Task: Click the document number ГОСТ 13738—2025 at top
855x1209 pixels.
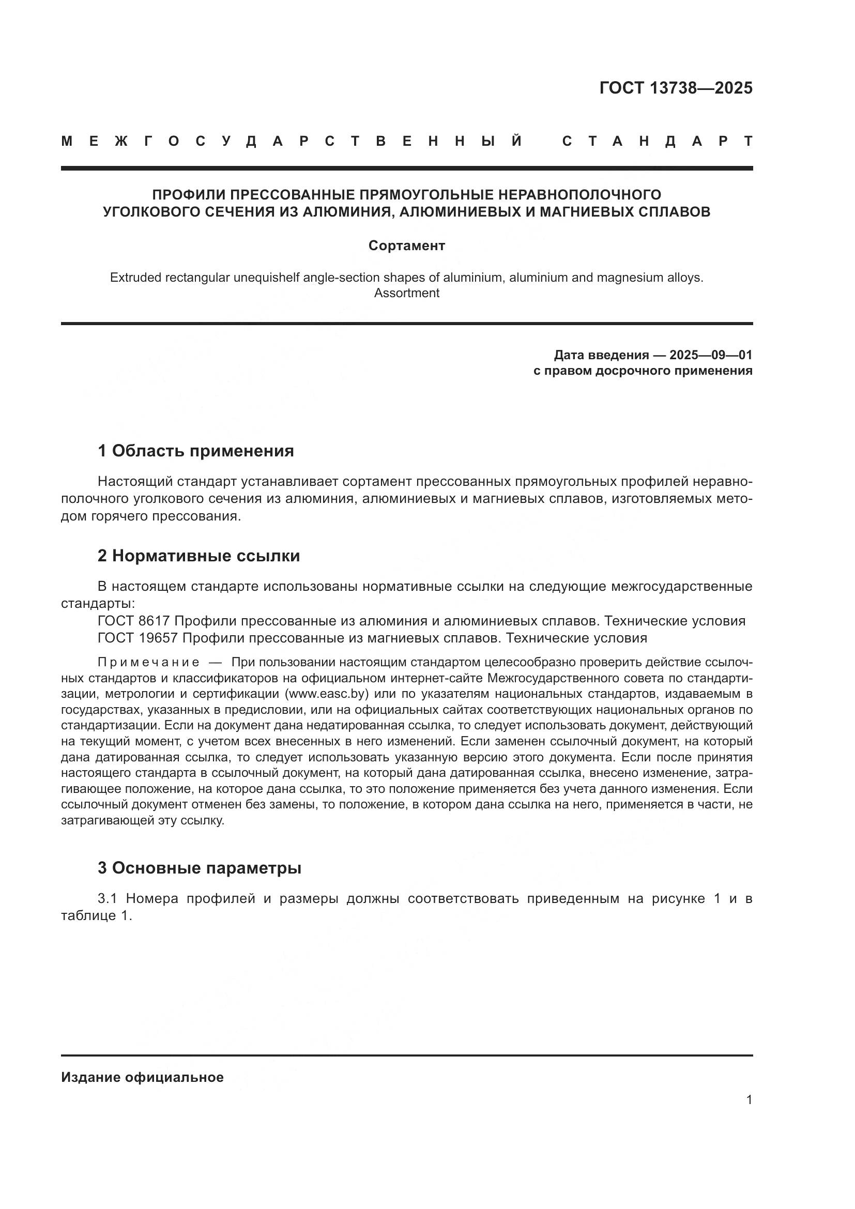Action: (676, 87)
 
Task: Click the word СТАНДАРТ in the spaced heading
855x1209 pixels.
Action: (657, 141)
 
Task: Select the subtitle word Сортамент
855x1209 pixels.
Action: (406, 246)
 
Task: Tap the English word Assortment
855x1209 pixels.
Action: (406, 293)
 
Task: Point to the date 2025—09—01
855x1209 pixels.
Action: (711, 355)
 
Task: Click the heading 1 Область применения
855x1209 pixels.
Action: (195, 451)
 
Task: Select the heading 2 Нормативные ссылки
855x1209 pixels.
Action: (199, 556)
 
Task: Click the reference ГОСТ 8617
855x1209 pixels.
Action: (133, 621)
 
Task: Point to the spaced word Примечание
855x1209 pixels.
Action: (148, 662)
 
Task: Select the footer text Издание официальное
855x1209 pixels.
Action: (142, 1077)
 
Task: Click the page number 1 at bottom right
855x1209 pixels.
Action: (749, 1100)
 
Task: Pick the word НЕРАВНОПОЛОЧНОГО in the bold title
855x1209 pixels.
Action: (579, 195)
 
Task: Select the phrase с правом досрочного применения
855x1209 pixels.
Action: (643, 371)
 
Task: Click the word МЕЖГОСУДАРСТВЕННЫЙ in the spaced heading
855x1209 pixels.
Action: (292, 141)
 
